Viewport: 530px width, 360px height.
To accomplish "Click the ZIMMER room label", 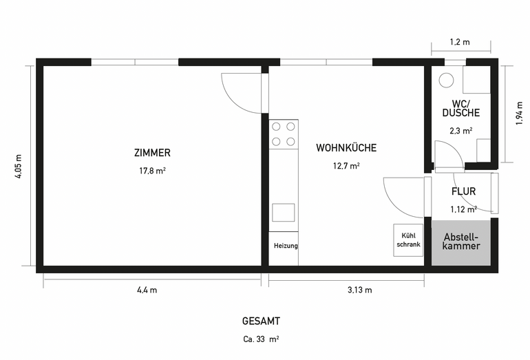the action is pyautogui.click(x=152, y=153).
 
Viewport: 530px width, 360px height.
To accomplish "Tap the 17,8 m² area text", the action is pyautogui.click(x=152, y=171).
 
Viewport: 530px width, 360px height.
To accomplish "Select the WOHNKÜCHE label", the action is pyautogui.click(x=346, y=148).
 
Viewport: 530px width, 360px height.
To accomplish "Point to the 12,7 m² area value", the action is pyautogui.click(x=346, y=166).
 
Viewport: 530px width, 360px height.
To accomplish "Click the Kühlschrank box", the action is pyautogui.click(x=408, y=240).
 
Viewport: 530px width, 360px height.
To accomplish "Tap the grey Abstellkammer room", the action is pyautogui.click(x=461, y=243).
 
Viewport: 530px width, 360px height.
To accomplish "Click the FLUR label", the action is pyautogui.click(x=463, y=191).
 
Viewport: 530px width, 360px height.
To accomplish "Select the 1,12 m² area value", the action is pyautogui.click(x=463, y=209).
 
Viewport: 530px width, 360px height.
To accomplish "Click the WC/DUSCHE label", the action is pyautogui.click(x=461, y=108).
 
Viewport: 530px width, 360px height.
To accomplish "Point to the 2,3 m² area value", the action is pyautogui.click(x=461, y=131).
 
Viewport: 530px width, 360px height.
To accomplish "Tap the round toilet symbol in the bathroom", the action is pyautogui.click(x=446, y=81).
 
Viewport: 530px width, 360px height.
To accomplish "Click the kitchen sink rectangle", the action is pyautogui.click(x=284, y=213).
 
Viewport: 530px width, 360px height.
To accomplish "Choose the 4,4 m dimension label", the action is pyautogui.click(x=147, y=290).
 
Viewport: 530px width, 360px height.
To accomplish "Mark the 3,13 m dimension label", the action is pyautogui.click(x=359, y=290).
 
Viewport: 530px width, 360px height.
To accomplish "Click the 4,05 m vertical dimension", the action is pyautogui.click(x=19, y=167).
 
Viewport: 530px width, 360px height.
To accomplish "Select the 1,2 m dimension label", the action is pyautogui.click(x=460, y=42).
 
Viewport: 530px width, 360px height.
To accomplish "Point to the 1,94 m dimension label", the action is pyautogui.click(x=520, y=114).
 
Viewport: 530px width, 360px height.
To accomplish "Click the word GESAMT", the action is pyautogui.click(x=261, y=321).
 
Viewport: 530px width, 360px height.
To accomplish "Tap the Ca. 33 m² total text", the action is pyautogui.click(x=261, y=339).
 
